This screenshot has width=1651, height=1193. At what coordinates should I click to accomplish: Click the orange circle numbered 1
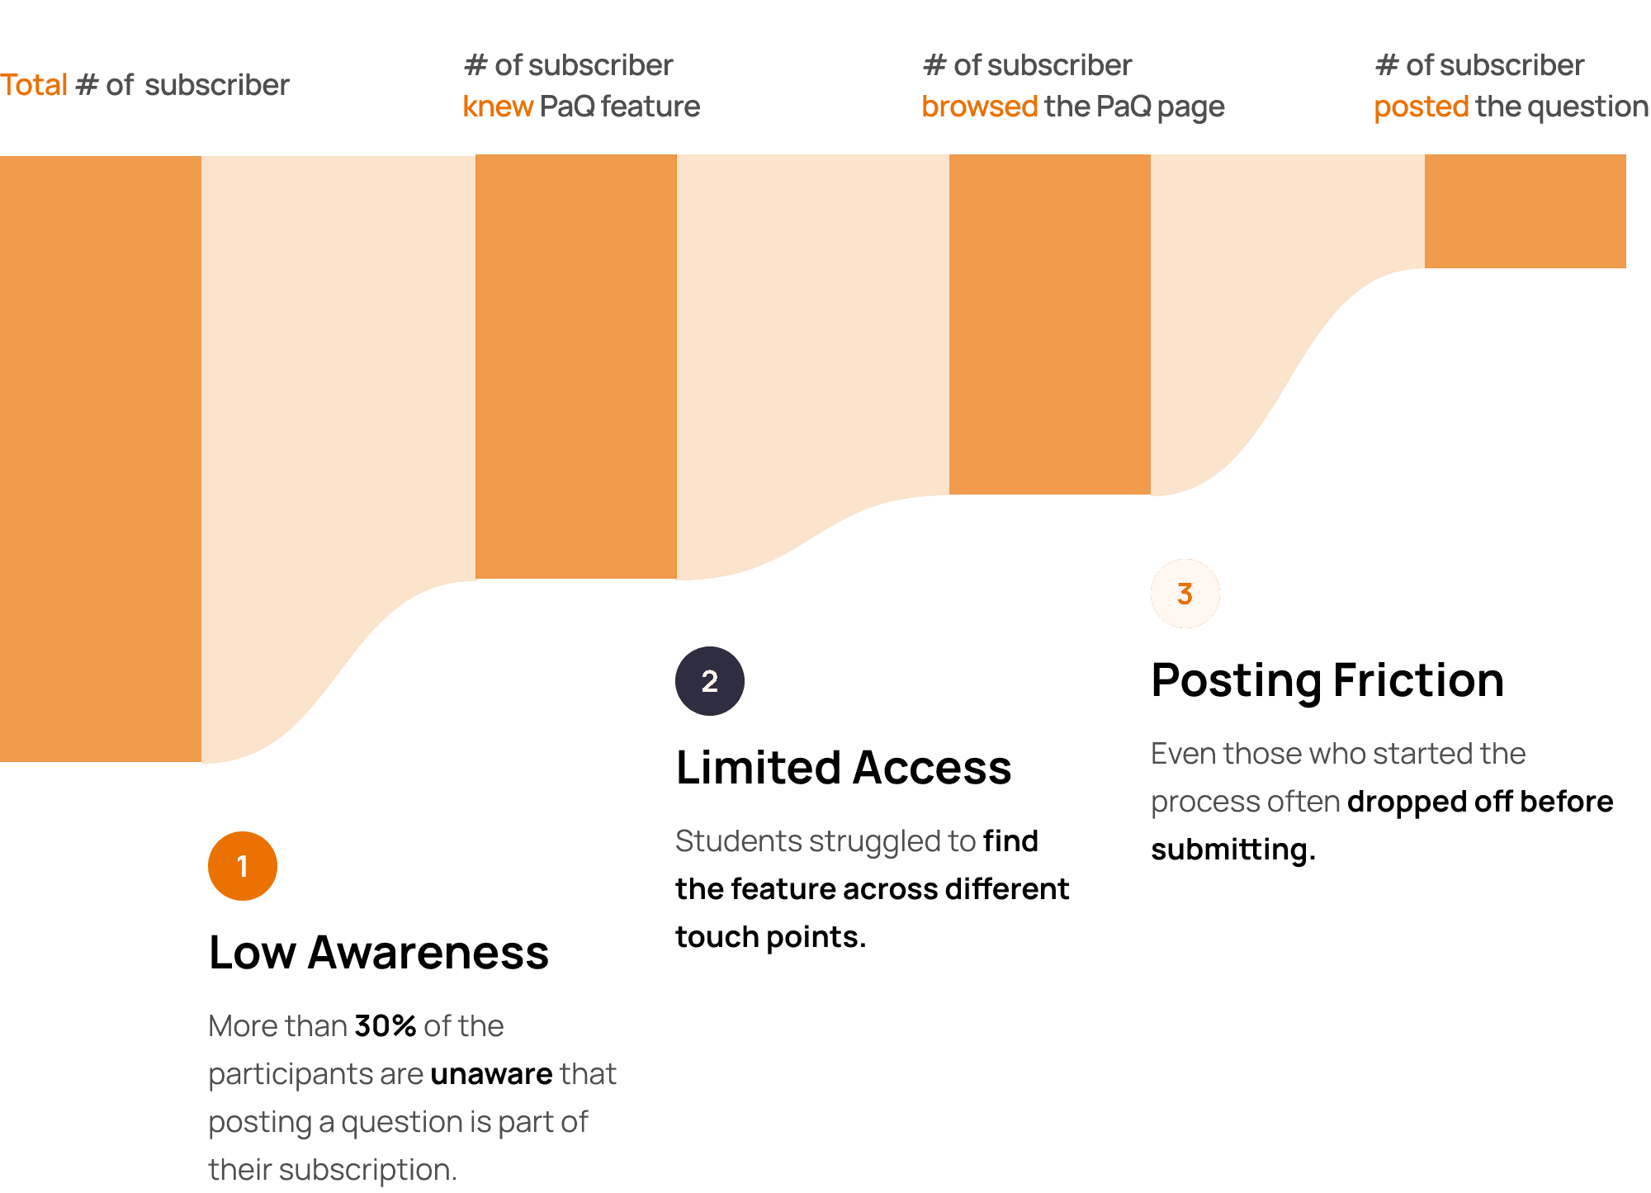242,866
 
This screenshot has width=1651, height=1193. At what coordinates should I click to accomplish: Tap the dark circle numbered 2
709,681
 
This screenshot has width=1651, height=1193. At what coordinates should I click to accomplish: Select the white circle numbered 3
1185,594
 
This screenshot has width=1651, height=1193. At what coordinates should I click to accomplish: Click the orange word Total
34,85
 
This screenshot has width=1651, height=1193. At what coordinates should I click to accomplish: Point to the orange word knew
498,107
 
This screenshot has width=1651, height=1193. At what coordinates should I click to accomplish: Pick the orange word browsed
979,107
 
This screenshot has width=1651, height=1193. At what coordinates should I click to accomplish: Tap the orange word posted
1421,107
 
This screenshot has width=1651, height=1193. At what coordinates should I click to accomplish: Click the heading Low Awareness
378,952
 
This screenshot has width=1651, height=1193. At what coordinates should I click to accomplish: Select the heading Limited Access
843,767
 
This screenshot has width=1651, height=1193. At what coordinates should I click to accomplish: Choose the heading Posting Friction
1327,680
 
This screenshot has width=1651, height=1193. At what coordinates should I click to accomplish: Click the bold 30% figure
385,1026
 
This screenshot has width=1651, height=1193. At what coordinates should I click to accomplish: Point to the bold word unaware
491,1074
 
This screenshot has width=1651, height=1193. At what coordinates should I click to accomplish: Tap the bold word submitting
1232,850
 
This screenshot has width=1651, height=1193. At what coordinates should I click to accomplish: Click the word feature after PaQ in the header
650,107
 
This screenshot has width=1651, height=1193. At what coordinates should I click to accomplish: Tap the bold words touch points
769,937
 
